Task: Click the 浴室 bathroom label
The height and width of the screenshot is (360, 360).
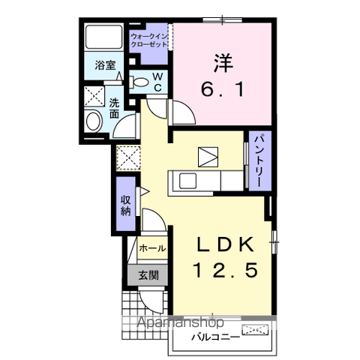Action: click(x=105, y=65)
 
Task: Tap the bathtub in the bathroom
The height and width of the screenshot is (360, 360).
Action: click(x=103, y=37)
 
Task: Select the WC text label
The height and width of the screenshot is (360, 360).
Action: click(x=157, y=82)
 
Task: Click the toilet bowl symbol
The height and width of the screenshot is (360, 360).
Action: click(x=139, y=82)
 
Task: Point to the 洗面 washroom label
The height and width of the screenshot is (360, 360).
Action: click(x=114, y=109)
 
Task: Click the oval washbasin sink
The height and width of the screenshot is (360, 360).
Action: click(x=94, y=121)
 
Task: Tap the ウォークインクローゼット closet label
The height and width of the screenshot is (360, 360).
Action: click(x=149, y=40)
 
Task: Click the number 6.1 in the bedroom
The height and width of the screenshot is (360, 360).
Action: click(x=222, y=89)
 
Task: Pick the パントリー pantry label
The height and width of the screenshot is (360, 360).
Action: click(x=259, y=160)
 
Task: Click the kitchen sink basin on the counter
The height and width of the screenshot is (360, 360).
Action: click(x=187, y=181)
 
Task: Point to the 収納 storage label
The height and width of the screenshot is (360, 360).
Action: click(x=126, y=205)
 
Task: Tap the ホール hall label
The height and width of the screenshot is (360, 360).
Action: click(x=152, y=248)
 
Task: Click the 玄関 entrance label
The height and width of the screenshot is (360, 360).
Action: click(x=148, y=275)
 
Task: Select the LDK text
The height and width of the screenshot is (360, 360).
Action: click(x=226, y=244)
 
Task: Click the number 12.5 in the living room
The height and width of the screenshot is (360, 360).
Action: click(x=225, y=270)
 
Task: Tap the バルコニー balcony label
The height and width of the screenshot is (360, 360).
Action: click(x=216, y=337)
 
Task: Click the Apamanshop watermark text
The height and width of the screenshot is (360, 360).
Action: click(x=180, y=322)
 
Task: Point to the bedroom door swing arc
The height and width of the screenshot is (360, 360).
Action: click(x=189, y=108)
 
